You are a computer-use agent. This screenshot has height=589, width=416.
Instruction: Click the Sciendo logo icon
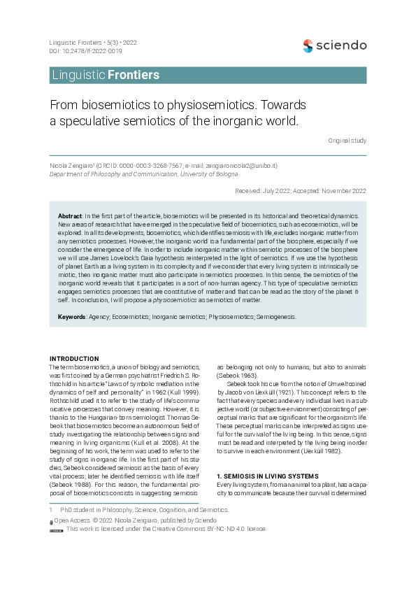[x=308, y=45]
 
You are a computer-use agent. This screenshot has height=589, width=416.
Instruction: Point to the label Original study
[x=347, y=141]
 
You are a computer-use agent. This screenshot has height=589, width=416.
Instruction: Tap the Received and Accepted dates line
[x=301, y=190]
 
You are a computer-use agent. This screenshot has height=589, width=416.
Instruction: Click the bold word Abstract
[x=70, y=217]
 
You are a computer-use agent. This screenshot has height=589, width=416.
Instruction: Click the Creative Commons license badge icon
[x=57, y=530]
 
